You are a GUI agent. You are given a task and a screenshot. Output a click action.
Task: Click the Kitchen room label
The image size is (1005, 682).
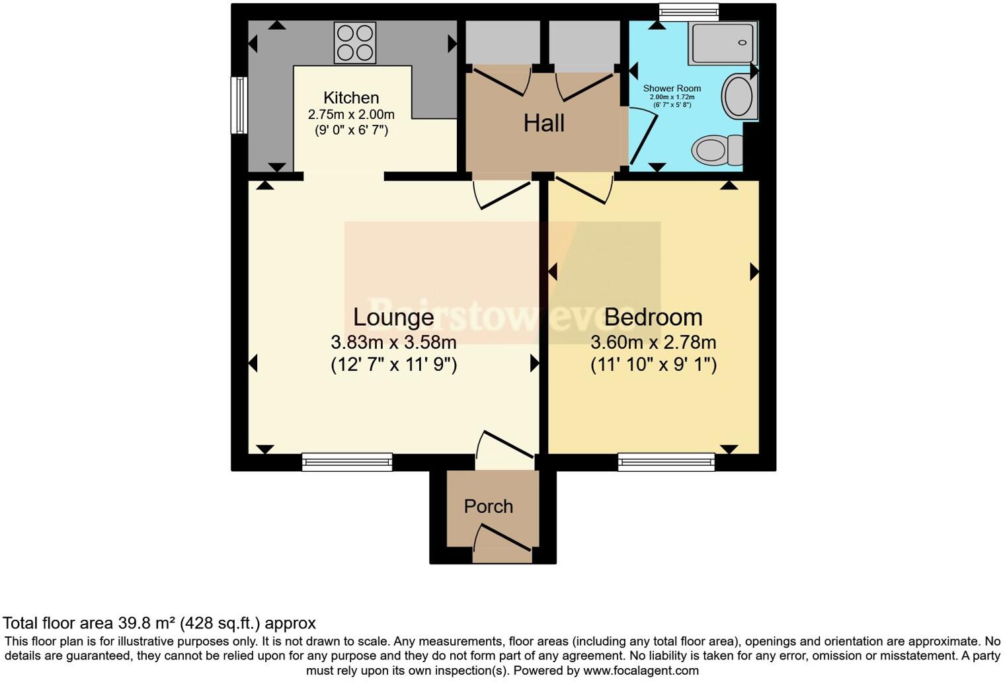point(351,98)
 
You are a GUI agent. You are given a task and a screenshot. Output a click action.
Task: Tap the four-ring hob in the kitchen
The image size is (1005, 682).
point(354,42)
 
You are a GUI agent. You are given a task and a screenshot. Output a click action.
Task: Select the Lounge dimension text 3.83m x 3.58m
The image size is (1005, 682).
point(393,342)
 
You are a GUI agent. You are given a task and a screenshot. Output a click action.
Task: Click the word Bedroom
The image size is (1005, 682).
point(653,317)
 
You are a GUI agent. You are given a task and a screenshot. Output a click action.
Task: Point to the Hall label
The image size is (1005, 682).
point(543,123)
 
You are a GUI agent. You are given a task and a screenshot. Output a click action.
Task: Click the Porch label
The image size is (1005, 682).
point(488,506)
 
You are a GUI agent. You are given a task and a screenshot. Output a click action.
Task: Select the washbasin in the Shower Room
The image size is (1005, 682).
point(737,96)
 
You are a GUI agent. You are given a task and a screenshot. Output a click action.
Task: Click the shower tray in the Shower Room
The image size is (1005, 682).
point(721,42)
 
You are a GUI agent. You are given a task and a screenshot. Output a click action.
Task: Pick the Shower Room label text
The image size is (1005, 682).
point(672,89)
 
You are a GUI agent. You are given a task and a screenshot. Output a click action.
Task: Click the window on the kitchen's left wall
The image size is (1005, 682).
point(239,105)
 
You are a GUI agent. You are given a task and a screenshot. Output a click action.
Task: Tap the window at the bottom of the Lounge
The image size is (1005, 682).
point(346,461)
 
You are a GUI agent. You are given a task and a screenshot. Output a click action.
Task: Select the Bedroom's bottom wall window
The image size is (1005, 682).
point(666,461)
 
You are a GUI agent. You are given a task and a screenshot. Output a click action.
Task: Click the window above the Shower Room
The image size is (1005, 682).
point(688,9)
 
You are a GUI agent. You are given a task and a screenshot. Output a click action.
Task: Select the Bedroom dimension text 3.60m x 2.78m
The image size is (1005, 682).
point(653,342)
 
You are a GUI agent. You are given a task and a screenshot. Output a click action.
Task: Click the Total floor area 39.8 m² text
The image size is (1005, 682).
point(159,623)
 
